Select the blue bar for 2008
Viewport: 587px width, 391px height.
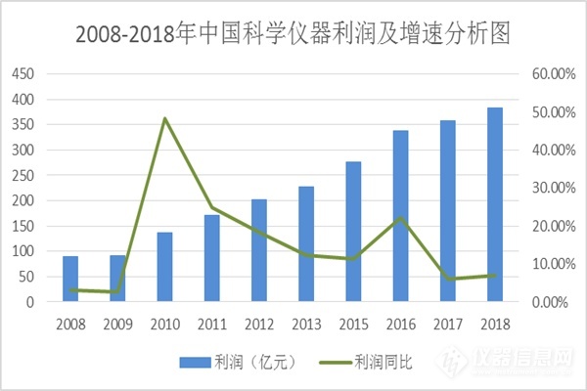click(70, 280)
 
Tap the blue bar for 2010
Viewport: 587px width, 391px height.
click(164, 267)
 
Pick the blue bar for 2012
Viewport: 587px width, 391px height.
click(258, 250)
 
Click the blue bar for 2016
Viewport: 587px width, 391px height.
click(400, 216)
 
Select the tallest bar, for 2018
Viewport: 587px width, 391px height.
click(495, 204)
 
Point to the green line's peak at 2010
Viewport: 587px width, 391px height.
click(164, 118)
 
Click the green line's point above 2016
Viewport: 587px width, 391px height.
click(400, 218)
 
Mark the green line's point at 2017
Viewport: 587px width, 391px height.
click(447, 280)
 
